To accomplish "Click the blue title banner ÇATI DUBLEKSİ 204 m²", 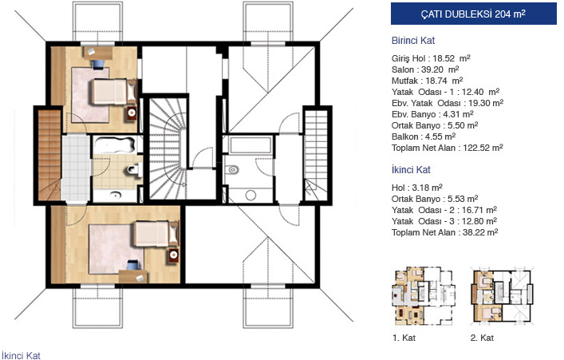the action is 473,14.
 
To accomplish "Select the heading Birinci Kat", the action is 413,41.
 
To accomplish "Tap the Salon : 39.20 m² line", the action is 425,69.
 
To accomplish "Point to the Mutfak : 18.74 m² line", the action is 427,81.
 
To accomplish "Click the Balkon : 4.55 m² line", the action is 424,136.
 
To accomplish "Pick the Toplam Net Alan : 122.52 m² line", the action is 447,148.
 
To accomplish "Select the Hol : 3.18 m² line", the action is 417,188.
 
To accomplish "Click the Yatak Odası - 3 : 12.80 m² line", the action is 444,221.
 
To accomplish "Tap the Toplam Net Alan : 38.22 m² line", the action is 444,232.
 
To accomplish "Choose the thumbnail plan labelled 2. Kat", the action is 503,295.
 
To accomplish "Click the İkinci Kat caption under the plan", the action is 21,355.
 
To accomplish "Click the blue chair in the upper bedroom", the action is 98,64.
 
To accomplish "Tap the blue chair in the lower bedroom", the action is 132,264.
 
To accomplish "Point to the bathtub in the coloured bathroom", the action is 115,144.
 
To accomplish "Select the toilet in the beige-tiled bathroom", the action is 134,169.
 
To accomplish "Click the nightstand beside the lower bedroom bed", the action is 174,255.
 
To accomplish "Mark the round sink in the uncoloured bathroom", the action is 250,196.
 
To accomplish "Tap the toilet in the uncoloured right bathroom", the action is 232,169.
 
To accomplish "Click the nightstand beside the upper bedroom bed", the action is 132,113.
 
